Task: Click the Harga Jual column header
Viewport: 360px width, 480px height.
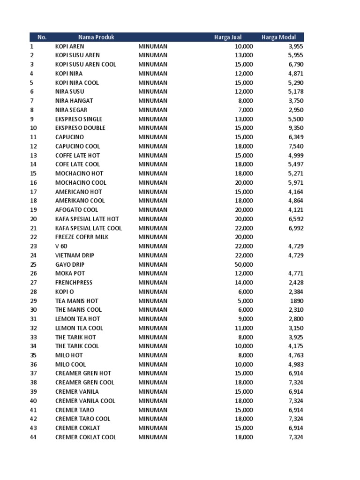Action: (x=228, y=37)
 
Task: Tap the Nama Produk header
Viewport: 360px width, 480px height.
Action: (x=97, y=37)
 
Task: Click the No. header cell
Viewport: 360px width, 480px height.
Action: (x=42, y=37)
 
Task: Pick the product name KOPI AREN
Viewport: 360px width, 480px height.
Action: (x=70, y=46)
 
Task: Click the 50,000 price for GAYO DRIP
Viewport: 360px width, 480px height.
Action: (x=244, y=264)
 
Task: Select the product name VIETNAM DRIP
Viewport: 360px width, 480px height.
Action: (x=75, y=255)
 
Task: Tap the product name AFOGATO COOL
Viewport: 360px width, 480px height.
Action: (x=76, y=210)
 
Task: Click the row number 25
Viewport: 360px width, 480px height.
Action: (x=33, y=264)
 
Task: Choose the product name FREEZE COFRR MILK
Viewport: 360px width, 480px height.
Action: (x=82, y=237)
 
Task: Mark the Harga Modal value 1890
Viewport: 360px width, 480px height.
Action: (x=297, y=301)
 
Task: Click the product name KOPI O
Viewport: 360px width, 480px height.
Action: (x=65, y=292)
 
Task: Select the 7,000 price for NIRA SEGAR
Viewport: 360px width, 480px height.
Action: (x=245, y=110)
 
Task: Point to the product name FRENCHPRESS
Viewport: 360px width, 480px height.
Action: (x=74, y=283)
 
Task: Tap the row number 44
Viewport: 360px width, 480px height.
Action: (x=33, y=437)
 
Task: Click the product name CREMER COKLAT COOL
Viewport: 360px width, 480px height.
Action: (x=86, y=437)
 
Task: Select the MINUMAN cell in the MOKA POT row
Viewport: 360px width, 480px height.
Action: (x=152, y=273)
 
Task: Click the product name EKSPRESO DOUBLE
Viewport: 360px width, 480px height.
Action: (x=80, y=128)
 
